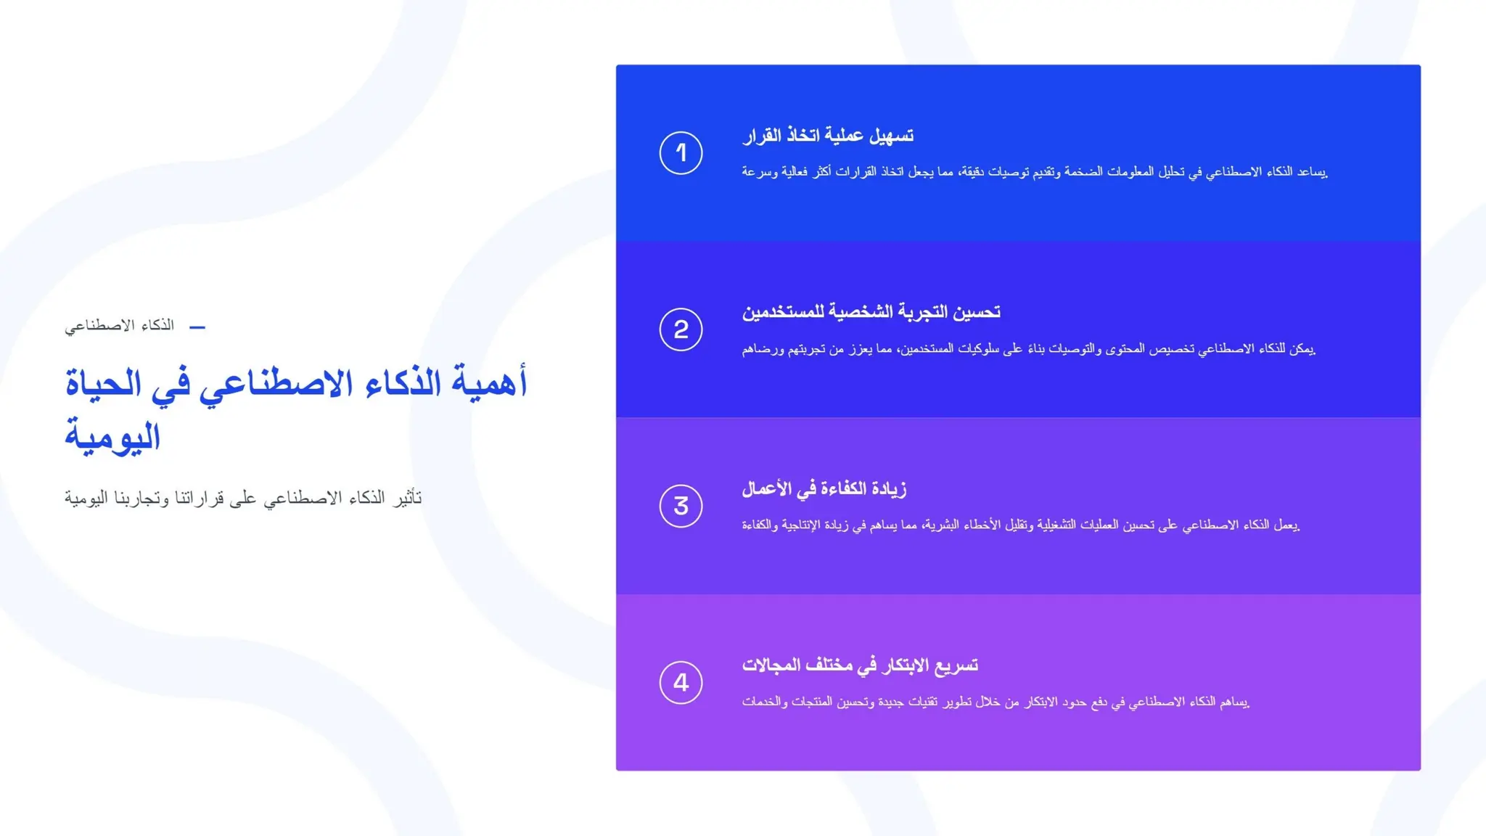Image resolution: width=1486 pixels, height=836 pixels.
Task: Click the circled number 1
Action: click(x=681, y=152)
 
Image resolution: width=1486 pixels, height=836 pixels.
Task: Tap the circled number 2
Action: click(x=681, y=329)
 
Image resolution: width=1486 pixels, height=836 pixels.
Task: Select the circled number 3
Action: click(x=681, y=506)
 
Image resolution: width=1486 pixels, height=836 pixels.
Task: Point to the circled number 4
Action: click(x=681, y=682)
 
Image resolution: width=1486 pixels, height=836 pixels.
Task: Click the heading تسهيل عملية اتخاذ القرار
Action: click(x=827, y=136)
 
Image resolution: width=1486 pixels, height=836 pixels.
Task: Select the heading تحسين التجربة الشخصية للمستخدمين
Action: click(x=871, y=312)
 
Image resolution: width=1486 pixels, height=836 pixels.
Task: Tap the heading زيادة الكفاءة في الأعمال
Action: click(x=824, y=489)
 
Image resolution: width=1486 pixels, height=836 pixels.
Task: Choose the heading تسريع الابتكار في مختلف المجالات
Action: click(x=860, y=665)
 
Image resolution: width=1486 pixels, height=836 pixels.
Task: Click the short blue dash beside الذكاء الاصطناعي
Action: click(x=197, y=327)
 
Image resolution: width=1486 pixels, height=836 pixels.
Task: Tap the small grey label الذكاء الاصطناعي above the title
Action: click(x=120, y=325)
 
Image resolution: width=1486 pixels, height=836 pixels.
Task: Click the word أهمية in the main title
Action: click(x=490, y=382)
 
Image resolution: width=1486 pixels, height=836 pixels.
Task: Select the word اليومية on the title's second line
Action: click(x=112, y=436)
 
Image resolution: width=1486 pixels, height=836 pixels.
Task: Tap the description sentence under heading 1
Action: click(x=1034, y=172)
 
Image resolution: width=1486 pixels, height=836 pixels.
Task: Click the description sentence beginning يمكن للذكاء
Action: click(x=1028, y=349)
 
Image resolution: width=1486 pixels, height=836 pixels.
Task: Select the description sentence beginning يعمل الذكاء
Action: click(x=1020, y=525)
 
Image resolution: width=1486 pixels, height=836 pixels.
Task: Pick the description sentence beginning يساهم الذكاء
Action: click(x=996, y=702)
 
